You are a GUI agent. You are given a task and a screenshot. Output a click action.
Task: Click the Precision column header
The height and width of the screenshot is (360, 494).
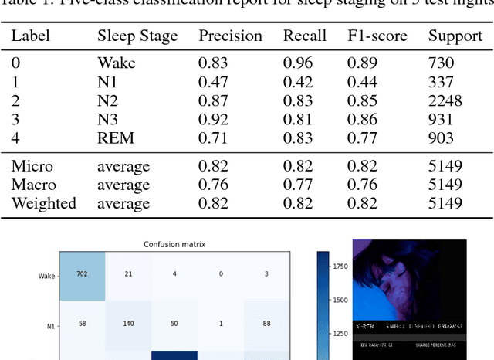click(230, 36)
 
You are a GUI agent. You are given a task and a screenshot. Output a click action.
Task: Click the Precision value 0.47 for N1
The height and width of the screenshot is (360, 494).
click(215, 82)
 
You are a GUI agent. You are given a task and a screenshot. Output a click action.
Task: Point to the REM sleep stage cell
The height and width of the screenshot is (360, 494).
click(116, 138)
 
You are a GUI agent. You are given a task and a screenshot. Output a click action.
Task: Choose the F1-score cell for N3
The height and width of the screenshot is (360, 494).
click(361, 120)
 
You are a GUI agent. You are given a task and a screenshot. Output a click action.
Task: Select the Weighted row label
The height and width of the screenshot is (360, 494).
click(43, 203)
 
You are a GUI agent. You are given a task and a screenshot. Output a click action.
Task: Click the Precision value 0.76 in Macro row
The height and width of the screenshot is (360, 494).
click(215, 185)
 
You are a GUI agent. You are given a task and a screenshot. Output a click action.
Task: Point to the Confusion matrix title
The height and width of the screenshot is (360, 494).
click(174, 245)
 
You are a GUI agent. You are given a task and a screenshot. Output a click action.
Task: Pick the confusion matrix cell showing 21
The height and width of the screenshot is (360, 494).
click(128, 274)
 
